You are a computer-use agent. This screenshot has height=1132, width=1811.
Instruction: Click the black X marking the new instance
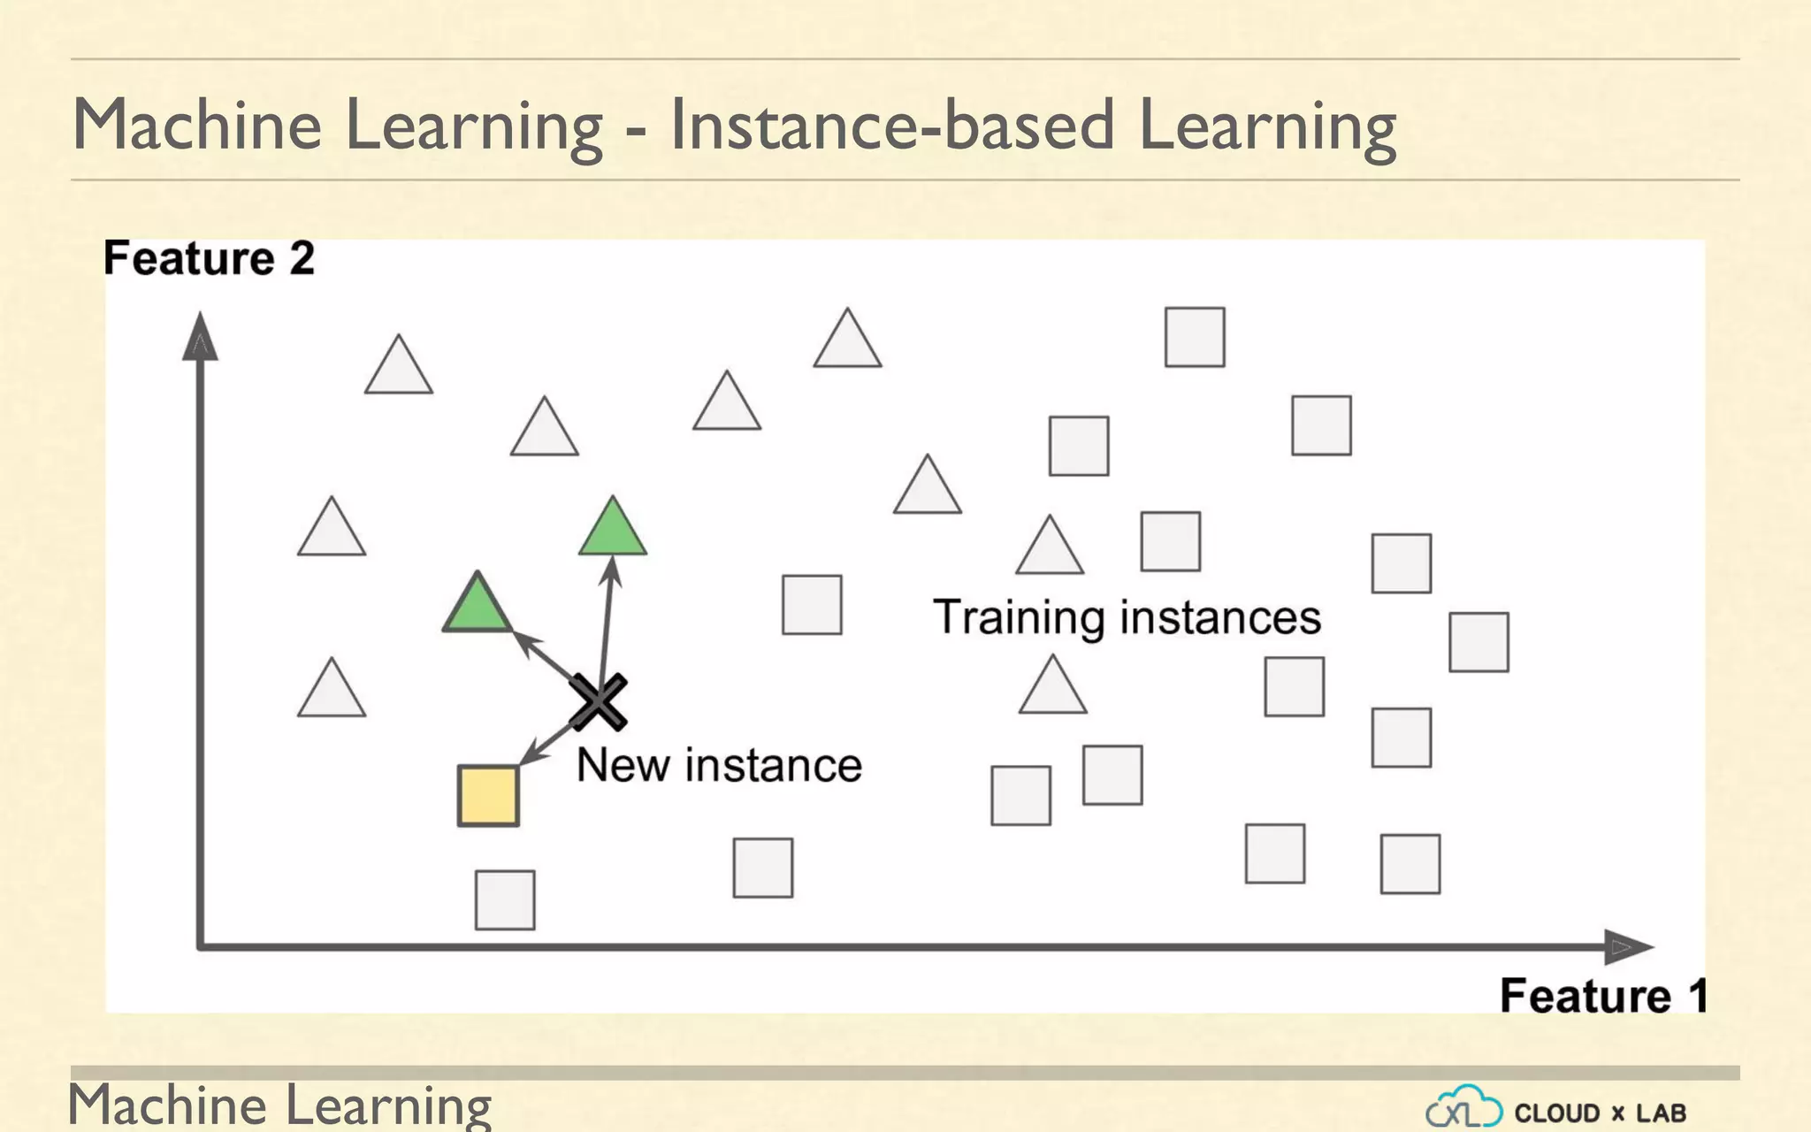(x=599, y=702)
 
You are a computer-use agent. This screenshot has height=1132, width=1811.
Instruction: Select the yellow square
(x=488, y=796)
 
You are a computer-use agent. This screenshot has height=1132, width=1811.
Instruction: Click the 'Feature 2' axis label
(x=209, y=258)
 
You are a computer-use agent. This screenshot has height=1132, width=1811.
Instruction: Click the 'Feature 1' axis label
(x=1602, y=996)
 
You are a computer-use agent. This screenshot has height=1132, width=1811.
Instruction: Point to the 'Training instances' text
(x=1127, y=617)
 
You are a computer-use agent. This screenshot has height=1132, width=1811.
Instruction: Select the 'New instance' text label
(x=719, y=765)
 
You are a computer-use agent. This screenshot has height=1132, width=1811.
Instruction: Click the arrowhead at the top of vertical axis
(x=200, y=338)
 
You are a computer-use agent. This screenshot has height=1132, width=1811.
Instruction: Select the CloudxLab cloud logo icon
(x=1463, y=1107)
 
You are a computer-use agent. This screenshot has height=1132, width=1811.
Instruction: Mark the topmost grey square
(x=1195, y=337)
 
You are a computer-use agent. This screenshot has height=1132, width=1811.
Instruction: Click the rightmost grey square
(x=1479, y=642)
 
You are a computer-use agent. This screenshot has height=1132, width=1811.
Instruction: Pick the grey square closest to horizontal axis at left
(x=505, y=900)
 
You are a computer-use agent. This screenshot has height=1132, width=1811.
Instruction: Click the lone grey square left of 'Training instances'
(x=812, y=605)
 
